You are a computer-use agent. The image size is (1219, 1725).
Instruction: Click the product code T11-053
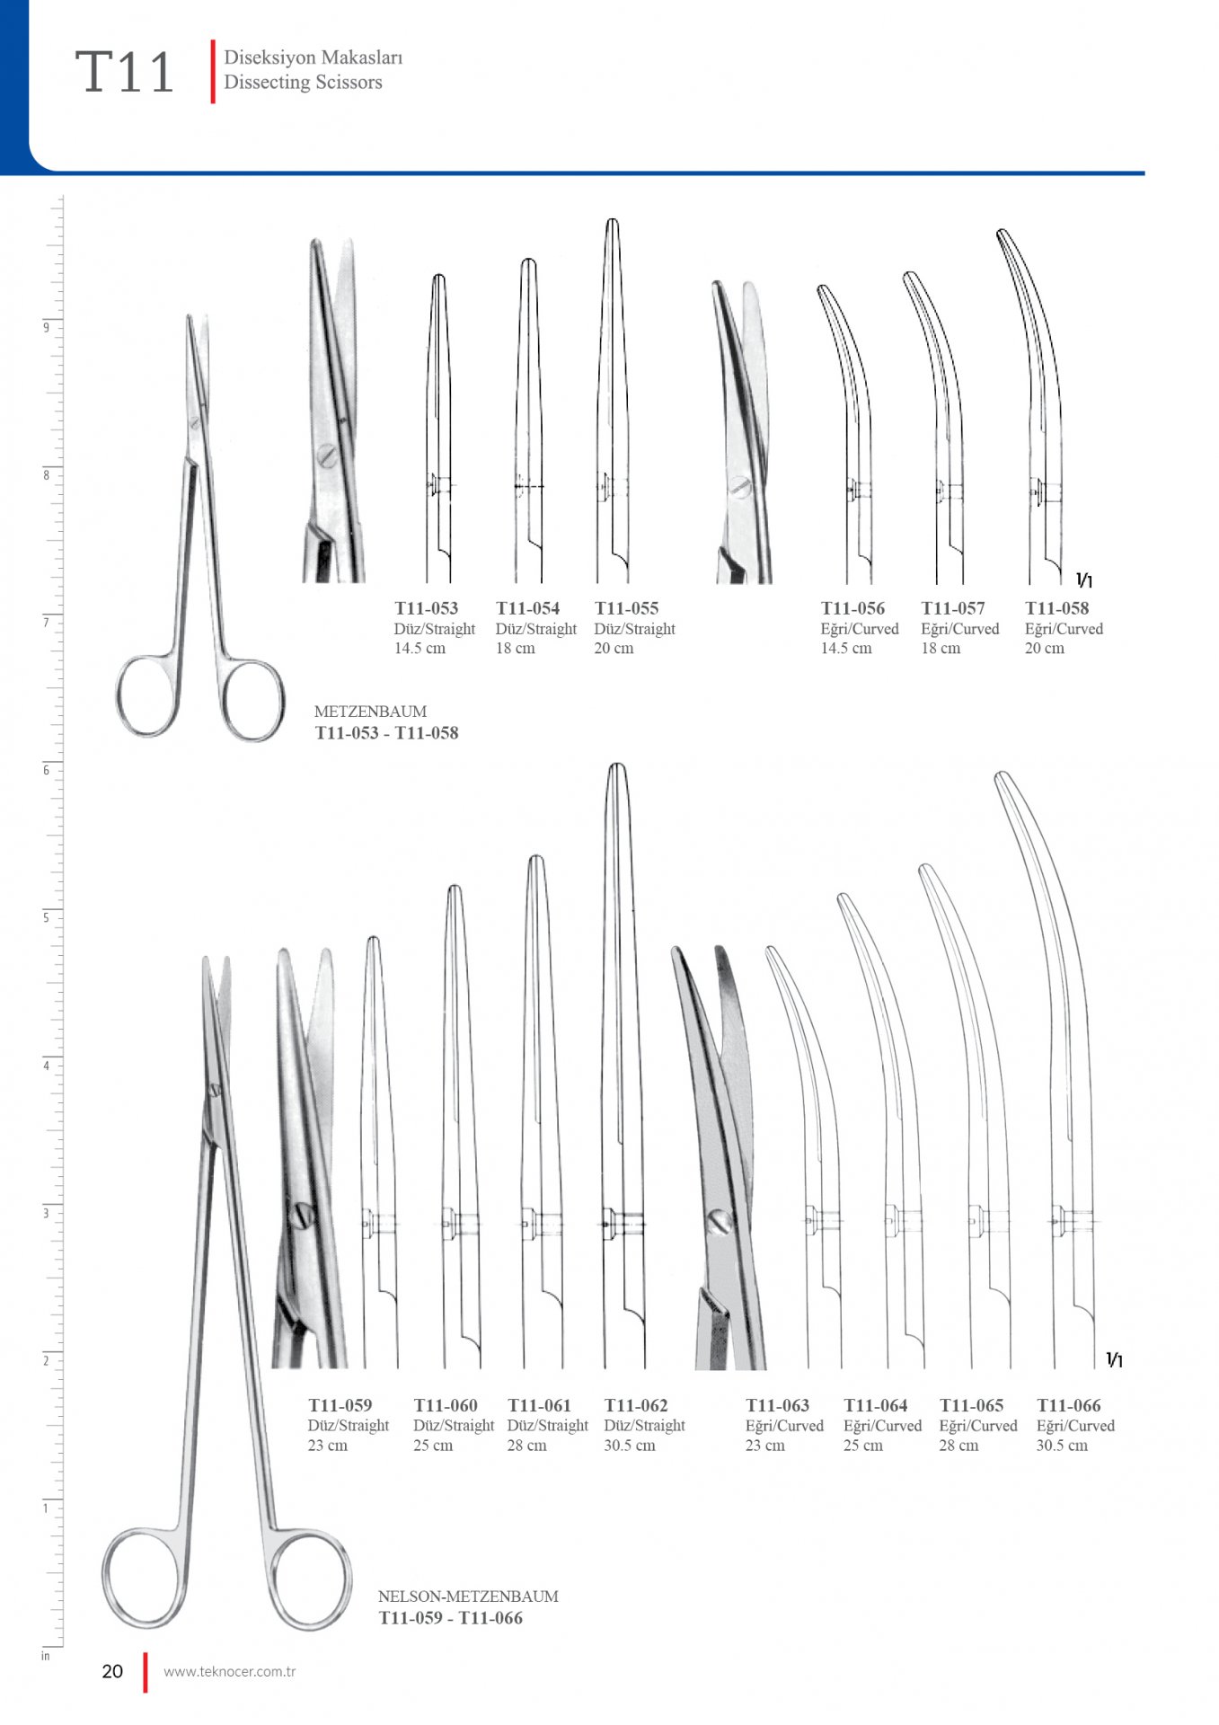point(427,608)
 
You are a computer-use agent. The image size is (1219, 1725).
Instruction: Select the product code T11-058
point(1057,608)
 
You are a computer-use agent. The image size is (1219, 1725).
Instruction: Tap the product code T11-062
point(636,1405)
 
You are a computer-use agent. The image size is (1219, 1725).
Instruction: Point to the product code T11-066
point(1069,1405)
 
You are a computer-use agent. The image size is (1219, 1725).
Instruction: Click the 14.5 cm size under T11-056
point(846,648)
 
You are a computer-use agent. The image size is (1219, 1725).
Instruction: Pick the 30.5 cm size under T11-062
point(630,1446)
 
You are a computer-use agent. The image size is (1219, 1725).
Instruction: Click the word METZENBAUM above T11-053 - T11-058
point(370,711)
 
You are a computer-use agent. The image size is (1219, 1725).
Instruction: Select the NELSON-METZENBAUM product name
point(468,1597)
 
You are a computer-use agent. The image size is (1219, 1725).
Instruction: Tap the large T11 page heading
point(125,72)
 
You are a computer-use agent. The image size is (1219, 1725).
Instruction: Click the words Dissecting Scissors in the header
point(303,82)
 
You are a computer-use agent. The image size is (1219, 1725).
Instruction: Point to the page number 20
point(112,1671)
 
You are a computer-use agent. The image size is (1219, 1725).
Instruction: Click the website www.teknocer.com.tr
point(230,1672)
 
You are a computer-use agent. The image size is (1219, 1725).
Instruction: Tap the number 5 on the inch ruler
point(47,917)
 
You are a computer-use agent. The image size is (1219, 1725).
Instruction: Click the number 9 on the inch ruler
point(47,327)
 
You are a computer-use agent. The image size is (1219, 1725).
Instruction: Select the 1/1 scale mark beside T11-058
point(1084,580)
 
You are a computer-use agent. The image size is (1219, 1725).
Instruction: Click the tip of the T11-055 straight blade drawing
point(612,219)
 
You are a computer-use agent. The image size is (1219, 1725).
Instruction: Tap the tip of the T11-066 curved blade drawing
point(1001,773)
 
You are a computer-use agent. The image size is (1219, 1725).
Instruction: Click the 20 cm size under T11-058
point(1045,648)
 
